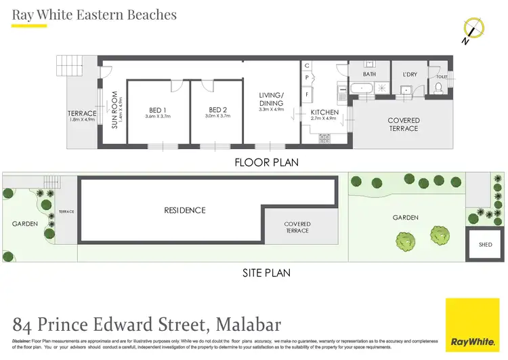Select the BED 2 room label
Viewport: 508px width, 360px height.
point(217,110)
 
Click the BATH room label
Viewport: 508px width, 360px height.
point(369,74)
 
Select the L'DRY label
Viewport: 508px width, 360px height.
point(410,74)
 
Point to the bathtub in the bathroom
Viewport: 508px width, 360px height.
point(364,88)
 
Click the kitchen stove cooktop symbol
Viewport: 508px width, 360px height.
point(324,138)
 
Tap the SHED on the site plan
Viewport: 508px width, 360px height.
point(485,245)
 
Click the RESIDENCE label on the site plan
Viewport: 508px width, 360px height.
point(184,210)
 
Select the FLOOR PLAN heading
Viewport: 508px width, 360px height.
point(266,163)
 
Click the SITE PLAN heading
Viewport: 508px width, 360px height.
point(266,273)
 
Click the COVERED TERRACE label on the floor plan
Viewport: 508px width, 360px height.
point(404,124)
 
